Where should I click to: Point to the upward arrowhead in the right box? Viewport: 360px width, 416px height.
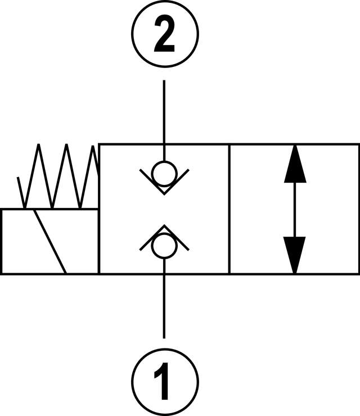pyautogui.click(x=295, y=166)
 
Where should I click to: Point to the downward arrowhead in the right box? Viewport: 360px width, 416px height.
pyautogui.click(x=295, y=253)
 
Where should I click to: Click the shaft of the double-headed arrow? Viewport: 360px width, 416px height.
pyautogui.click(x=295, y=210)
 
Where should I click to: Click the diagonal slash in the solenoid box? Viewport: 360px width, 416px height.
pyautogui.click(x=51, y=242)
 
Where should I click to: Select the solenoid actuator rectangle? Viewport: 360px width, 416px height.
pyautogui.click(x=22, y=242)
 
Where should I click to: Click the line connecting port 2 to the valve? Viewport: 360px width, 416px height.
pyautogui.click(x=164, y=112)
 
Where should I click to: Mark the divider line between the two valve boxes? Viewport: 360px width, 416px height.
pyautogui.click(x=229, y=209)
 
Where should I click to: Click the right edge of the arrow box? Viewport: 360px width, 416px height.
pyautogui.click(x=358, y=209)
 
